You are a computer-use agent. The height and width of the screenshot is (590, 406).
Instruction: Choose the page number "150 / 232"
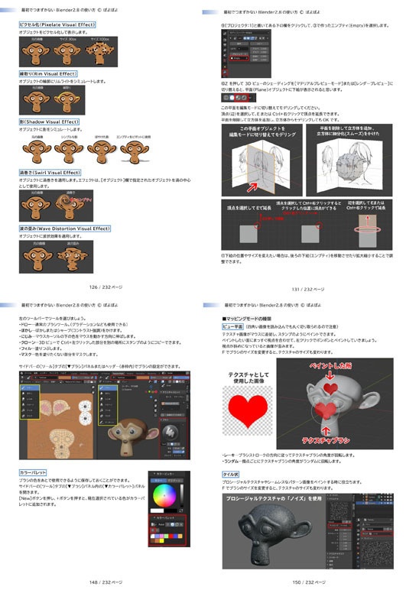[x=307, y=582]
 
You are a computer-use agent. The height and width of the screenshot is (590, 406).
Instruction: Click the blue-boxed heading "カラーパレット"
[x=32, y=472]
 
